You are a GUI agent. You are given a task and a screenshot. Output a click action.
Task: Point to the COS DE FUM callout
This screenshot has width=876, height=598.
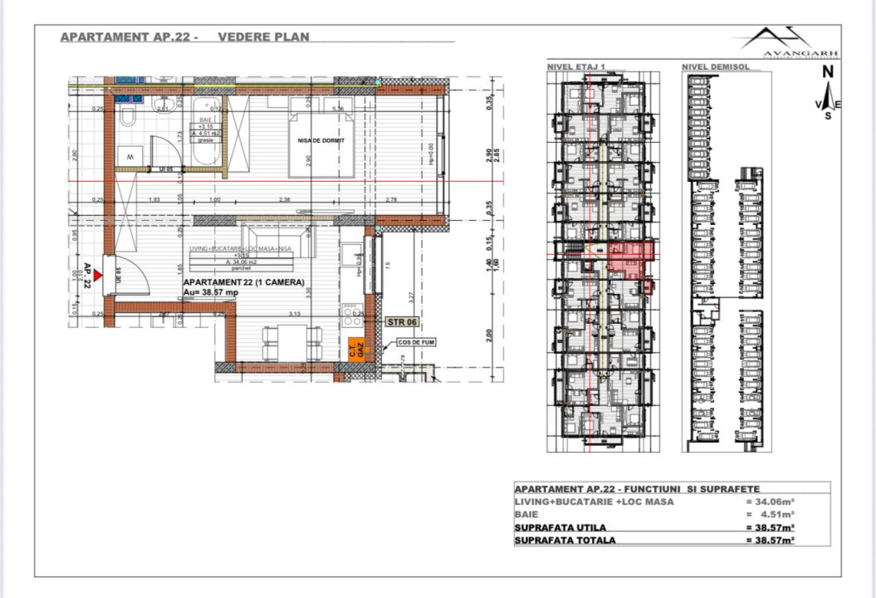(416, 341)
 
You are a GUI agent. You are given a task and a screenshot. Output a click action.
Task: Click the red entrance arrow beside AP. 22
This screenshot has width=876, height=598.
(99, 274)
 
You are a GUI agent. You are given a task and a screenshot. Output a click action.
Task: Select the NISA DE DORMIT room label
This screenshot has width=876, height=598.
(321, 141)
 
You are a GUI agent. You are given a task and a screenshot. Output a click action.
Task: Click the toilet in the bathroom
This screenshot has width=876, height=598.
(127, 115)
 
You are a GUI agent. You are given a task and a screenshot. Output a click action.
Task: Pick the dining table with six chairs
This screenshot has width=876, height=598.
(291, 341)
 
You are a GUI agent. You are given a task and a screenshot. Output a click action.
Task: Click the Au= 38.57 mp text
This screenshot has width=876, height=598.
(211, 293)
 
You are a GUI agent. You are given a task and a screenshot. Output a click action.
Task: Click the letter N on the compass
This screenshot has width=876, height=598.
(827, 72)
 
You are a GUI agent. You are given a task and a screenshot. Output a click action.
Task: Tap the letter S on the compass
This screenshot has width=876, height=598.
(827, 115)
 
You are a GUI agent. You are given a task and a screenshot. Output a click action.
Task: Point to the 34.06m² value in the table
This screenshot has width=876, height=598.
(771, 502)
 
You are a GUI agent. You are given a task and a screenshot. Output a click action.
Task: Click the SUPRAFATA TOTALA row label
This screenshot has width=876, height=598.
(565, 540)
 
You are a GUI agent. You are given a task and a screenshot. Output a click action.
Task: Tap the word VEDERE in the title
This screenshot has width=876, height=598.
(242, 37)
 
